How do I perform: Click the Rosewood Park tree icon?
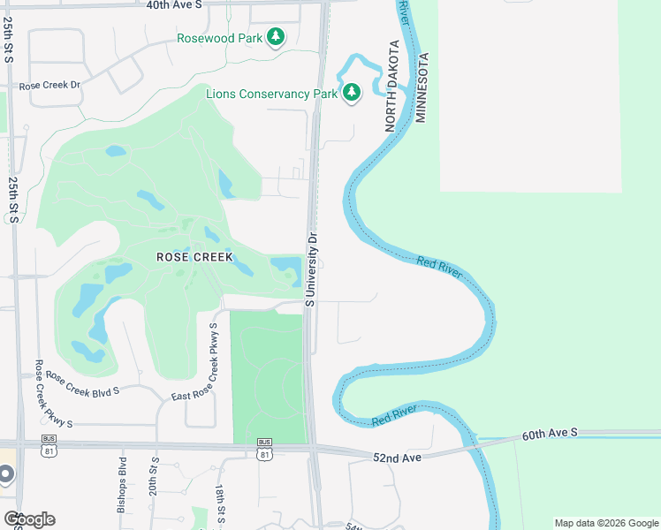[x=277, y=37]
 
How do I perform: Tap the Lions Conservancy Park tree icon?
[x=352, y=93]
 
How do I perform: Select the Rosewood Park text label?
[x=220, y=38]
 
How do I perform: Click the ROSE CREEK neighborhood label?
[x=194, y=257]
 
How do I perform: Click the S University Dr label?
[x=311, y=269]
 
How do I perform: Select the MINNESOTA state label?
[x=422, y=87]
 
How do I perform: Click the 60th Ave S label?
[x=548, y=433]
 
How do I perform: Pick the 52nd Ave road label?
[x=398, y=457]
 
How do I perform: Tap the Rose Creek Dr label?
[x=49, y=86]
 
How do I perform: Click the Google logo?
[x=29, y=519]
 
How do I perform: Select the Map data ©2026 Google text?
[x=606, y=523]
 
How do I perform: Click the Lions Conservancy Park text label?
[x=272, y=94]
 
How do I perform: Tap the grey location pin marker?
[x=4, y=474]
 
